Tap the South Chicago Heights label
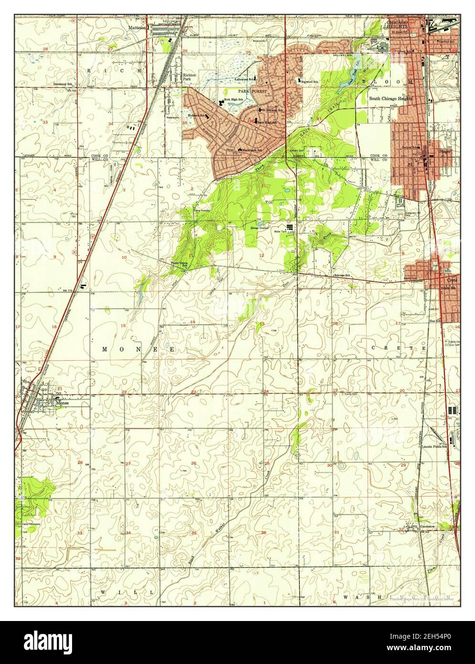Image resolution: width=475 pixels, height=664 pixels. click(x=391, y=98)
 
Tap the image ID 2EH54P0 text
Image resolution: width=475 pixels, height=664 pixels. click(x=424, y=635)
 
